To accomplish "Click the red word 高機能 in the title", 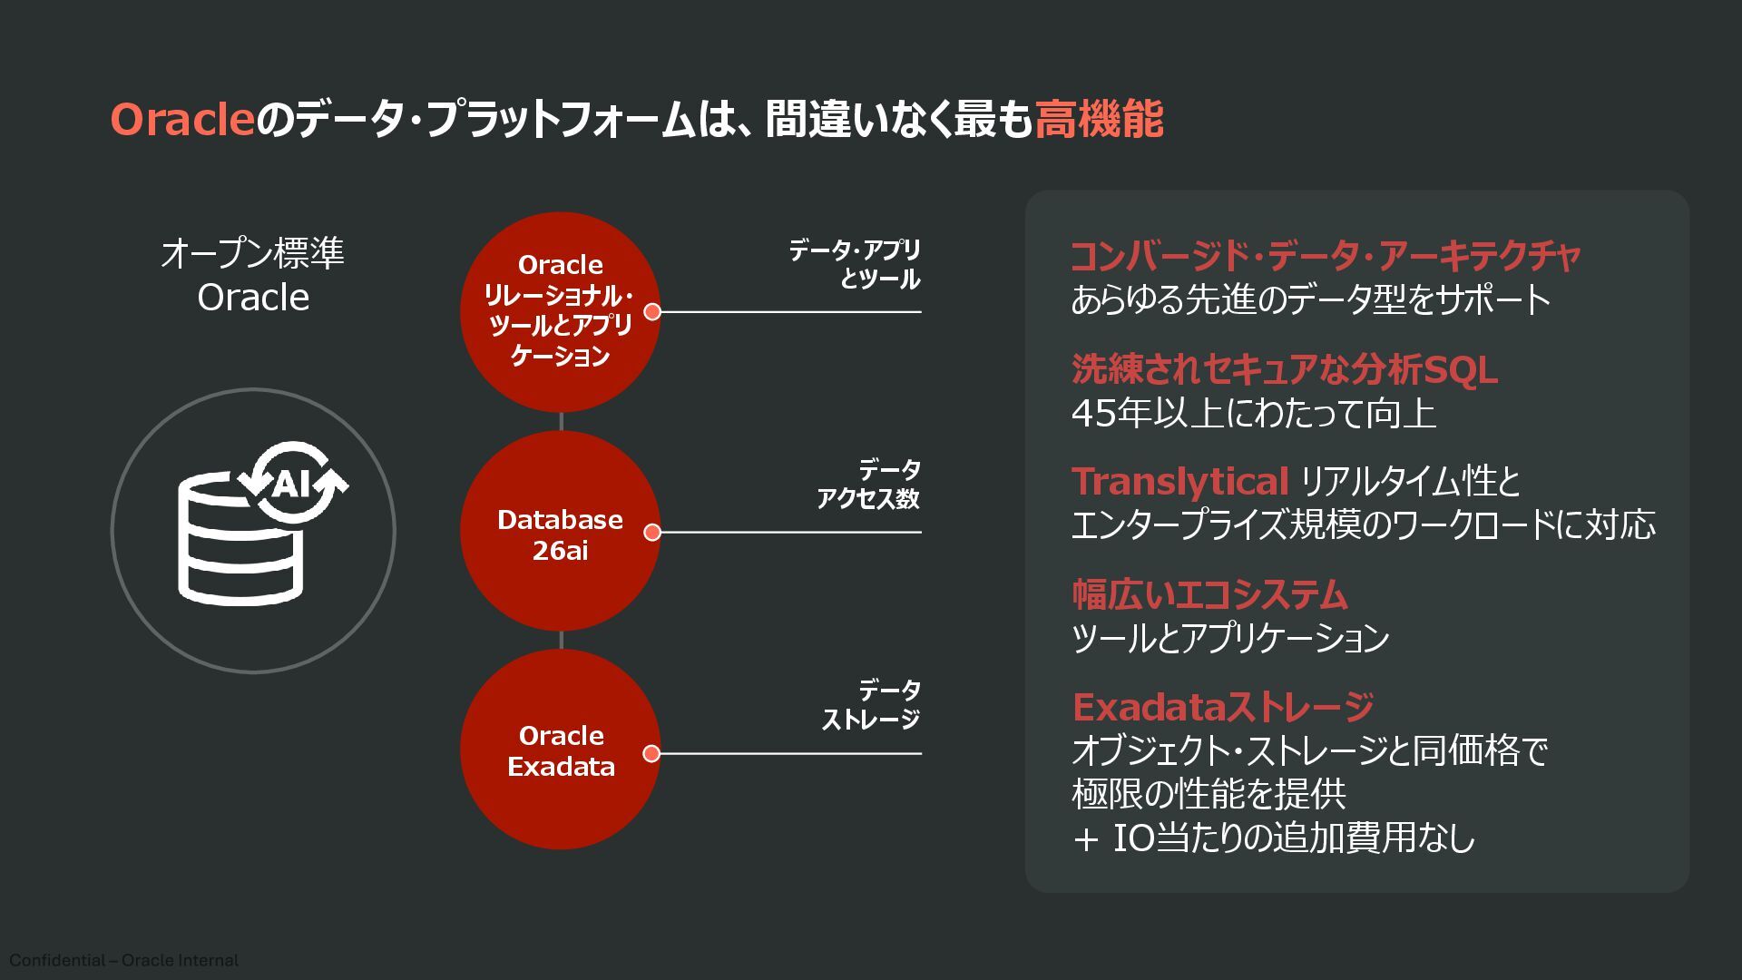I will (x=1099, y=119).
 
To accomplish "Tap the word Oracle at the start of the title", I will (x=181, y=119).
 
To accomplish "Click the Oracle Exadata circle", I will (x=560, y=750).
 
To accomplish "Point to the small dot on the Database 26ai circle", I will (x=651, y=533).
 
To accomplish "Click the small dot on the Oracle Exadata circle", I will (x=651, y=753).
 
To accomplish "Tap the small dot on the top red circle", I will (x=651, y=312).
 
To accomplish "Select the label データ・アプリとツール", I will (x=854, y=264).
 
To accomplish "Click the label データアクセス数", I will (x=868, y=484).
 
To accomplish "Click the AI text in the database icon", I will (x=291, y=484).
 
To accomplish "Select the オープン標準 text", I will (x=252, y=253).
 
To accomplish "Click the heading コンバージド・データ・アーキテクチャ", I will (x=1326, y=256).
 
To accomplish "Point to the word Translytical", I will (x=1179, y=481).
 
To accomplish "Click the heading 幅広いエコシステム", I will (x=1209, y=594).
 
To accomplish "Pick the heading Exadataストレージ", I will (x=1223, y=706).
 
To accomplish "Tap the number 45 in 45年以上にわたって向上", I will (x=1093, y=414).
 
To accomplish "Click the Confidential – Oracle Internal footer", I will (x=124, y=960).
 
